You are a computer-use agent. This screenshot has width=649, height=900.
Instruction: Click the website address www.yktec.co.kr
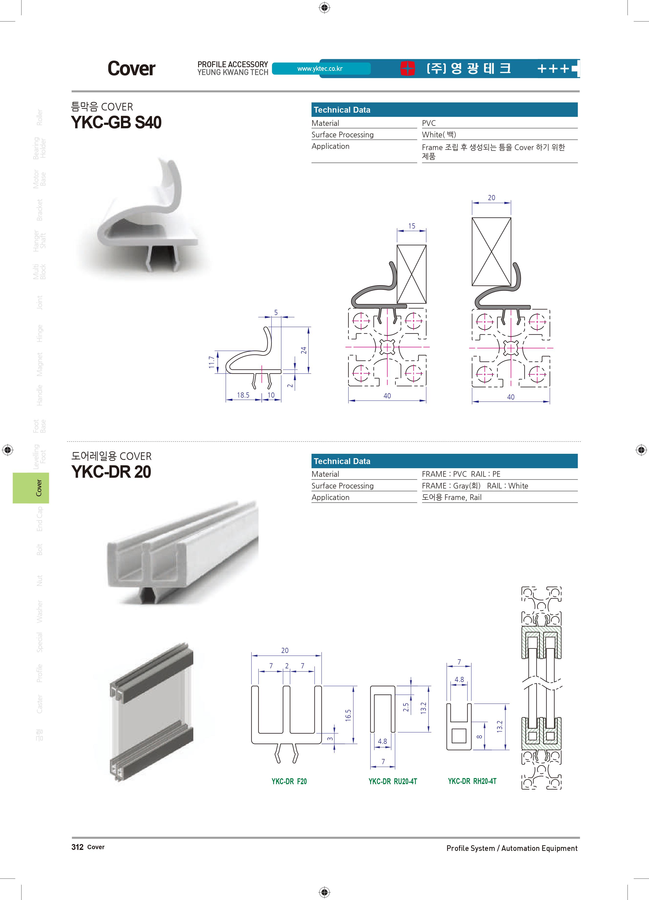coord(320,69)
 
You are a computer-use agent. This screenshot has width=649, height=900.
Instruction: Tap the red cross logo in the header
coord(407,68)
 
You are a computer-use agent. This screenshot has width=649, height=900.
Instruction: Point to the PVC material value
coord(429,123)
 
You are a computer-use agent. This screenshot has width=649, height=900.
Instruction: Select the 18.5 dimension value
coord(243,395)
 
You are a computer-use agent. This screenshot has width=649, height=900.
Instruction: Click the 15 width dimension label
coord(412,226)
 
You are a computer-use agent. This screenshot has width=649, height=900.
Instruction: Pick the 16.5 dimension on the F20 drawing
coord(348,715)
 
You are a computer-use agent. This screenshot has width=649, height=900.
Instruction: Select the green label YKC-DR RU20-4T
coord(393,781)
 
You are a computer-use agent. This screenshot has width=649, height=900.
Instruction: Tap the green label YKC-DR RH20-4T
coord(472,781)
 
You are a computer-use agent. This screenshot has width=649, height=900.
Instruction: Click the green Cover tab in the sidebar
coord(31,488)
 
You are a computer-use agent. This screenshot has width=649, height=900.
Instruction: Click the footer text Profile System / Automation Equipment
coord(512,848)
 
